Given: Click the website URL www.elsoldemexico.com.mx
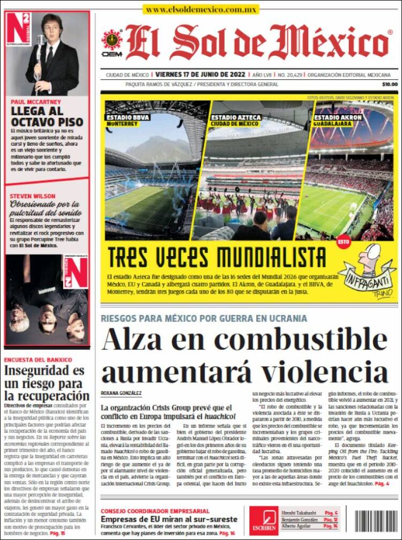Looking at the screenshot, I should coord(201,9).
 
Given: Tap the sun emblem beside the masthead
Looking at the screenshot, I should coord(112,40).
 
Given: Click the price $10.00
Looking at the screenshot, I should coord(389,84).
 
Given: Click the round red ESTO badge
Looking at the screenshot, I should coord(343,242).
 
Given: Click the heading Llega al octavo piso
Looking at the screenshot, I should coord(47,117).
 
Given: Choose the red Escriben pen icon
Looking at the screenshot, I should coord(263,517).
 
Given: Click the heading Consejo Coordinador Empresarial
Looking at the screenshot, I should coord(155,511).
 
